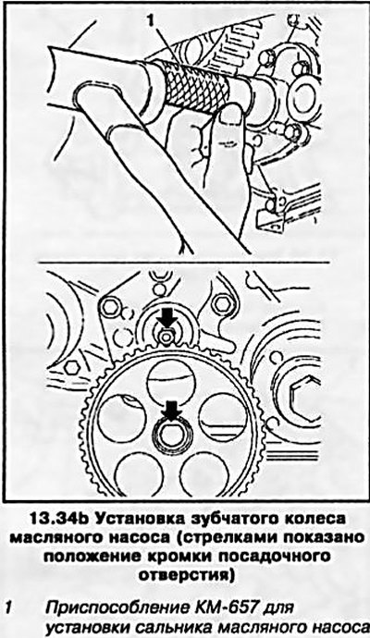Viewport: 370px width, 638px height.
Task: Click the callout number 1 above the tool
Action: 152,19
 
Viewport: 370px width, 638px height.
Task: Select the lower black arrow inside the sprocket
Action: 171,411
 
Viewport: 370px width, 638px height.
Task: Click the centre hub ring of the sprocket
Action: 171,433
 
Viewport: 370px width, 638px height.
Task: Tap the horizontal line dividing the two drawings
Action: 183,262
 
